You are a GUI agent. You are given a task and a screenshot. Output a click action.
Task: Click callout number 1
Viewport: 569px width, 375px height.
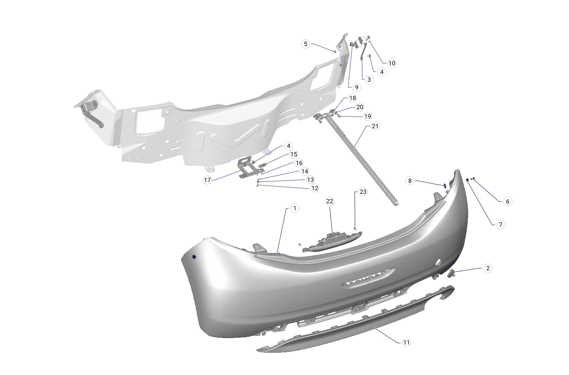click(x=295, y=208)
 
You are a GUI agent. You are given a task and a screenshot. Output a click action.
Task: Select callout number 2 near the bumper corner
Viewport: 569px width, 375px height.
click(x=488, y=268)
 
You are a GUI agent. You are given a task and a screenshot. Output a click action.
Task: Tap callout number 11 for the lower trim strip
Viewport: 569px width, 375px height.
click(x=406, y=343)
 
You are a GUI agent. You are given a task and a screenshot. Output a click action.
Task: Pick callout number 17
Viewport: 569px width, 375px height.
click(x=208, y=180)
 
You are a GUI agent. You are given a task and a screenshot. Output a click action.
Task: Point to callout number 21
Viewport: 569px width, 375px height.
click(x=375, y=126)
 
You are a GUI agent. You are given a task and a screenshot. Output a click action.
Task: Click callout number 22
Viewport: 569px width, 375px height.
click(x=330, y=201)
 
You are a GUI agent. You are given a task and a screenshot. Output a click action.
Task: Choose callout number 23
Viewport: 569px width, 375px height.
click(x=363, y=192)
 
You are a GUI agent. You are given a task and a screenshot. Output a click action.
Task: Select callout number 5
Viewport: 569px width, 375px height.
click(x=305, y=44)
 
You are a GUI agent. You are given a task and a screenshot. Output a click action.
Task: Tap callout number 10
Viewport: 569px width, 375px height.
click(x=392, y=63)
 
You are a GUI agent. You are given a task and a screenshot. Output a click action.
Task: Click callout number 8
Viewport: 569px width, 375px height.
click(x=410, y=181)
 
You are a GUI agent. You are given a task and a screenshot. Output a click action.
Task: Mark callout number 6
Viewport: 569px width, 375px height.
click(x=507, y=201)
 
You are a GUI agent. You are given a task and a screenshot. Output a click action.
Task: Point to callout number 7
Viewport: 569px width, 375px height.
click(x=500, y=224)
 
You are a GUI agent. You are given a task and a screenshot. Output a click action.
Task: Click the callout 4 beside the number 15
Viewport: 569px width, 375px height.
click(x=288, y=146)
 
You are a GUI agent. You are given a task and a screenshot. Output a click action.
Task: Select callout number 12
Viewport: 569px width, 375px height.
click(x=315, y=188)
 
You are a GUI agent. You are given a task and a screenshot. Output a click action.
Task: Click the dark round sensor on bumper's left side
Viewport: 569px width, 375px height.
click(x=194, y=257)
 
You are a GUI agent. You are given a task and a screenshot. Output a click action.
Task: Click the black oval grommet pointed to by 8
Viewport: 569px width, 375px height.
click(x=444, y=185)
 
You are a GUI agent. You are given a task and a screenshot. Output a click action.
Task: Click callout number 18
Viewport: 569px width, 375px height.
click(x=352, y=98)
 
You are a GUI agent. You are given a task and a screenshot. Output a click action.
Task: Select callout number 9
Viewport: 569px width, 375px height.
click(x=356, y=87)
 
